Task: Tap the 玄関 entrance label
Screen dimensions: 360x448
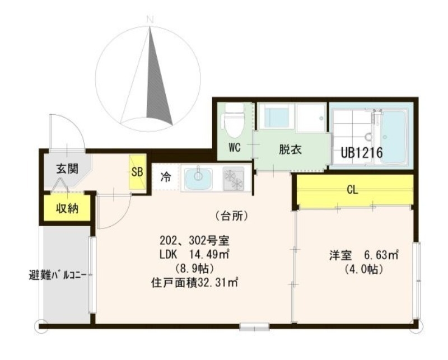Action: (x=66, y=169)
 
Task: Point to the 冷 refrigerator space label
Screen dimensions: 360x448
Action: (x=166, y=177)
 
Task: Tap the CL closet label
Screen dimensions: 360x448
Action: (x=352, y=190)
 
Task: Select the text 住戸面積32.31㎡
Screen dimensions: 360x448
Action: (x=194, y=282)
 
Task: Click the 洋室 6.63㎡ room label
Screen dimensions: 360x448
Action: (x=363, y=255)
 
